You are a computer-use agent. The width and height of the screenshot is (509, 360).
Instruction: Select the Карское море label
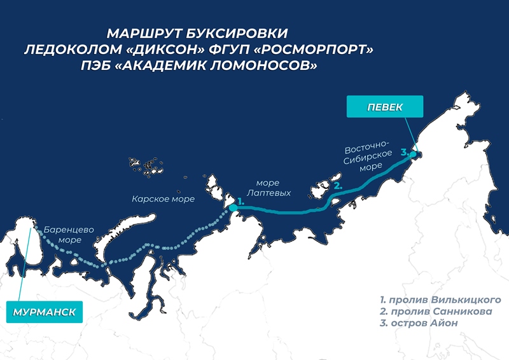click(x=163, y=199)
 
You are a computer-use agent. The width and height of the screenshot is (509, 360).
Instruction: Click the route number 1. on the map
click(x=240, y=201)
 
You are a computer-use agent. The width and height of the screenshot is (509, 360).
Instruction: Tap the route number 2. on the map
click(x=338, y=186)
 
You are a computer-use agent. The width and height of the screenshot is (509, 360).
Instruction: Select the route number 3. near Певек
click(x=404, y=152)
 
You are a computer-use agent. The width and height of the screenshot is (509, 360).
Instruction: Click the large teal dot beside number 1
click(x=232, y=206)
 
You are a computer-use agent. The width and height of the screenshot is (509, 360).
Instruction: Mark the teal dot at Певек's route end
click(x=413, y=154)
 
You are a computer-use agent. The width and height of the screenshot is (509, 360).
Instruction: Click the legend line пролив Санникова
click(x=437, y=312)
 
